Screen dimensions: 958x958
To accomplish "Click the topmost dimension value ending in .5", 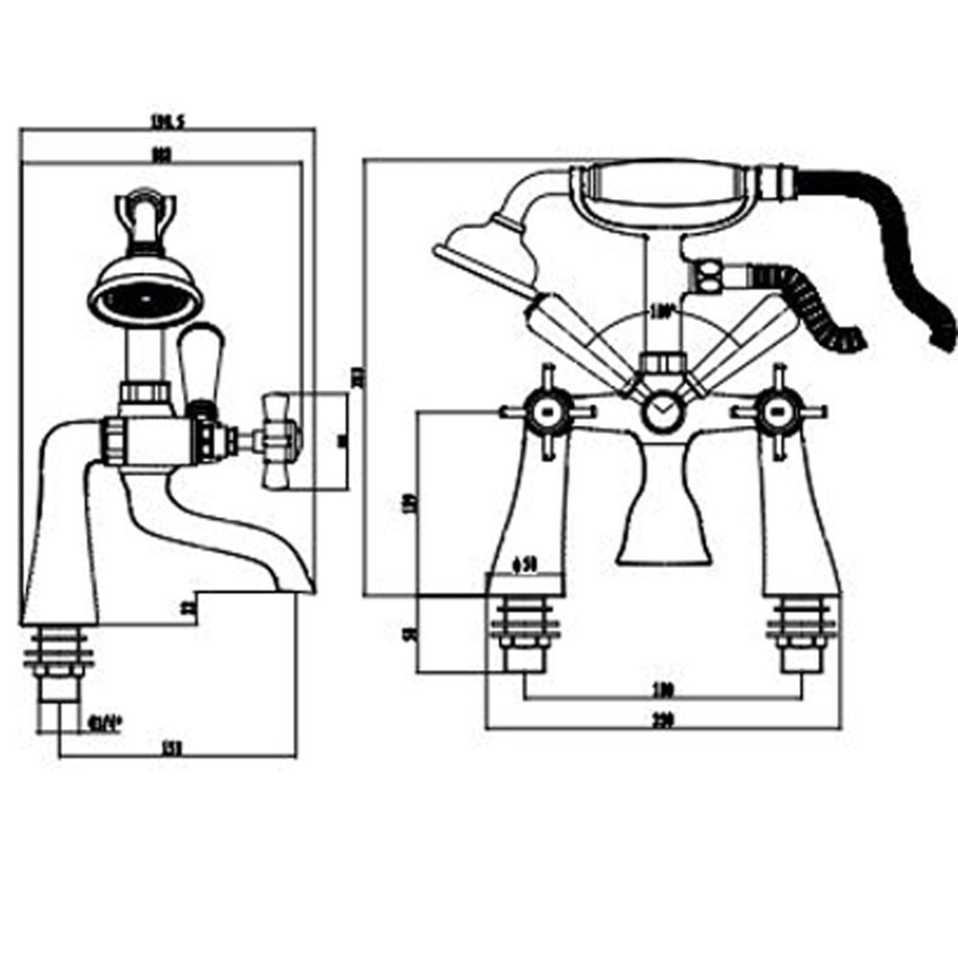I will point(167,121).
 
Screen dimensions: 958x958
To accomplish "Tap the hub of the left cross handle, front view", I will point(547,413).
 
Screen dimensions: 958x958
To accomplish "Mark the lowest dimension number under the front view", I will point(663,721).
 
